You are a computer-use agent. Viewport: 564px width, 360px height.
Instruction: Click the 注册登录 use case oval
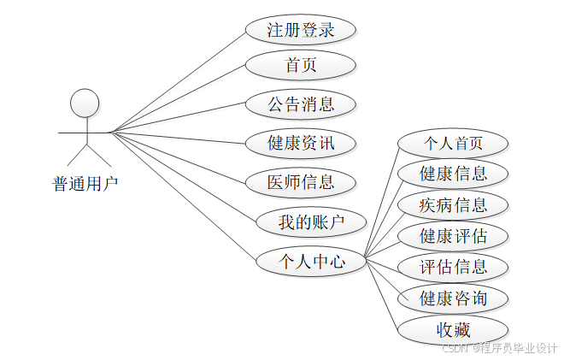(300, 30)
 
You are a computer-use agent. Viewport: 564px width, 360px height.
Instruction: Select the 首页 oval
(300, 65)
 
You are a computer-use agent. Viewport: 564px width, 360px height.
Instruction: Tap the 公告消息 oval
(300, 104)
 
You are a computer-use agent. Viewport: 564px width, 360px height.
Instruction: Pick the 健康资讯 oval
(300, 143)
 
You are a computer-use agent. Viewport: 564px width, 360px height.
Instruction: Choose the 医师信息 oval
(300, 181)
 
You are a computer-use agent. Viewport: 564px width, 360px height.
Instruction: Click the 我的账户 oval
(311, 222)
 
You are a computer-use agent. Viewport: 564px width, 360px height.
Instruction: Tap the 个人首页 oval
(453, 142)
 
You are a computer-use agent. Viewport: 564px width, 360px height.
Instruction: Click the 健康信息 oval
(453, 174)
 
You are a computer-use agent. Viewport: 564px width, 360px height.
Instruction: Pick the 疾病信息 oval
(453, 205)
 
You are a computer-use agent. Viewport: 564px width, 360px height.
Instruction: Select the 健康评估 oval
(453, 235)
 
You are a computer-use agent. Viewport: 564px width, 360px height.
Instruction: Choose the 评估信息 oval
(453, 267)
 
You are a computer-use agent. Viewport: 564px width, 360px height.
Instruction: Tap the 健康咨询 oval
(453, 298)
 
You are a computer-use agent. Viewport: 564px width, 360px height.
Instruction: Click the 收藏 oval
(453, 329)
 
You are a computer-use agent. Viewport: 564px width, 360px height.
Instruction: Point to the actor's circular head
(84, 103)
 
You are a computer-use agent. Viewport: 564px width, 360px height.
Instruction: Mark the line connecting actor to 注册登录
(179, 82)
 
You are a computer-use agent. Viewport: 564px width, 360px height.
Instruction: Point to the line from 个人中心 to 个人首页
(382, 200)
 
